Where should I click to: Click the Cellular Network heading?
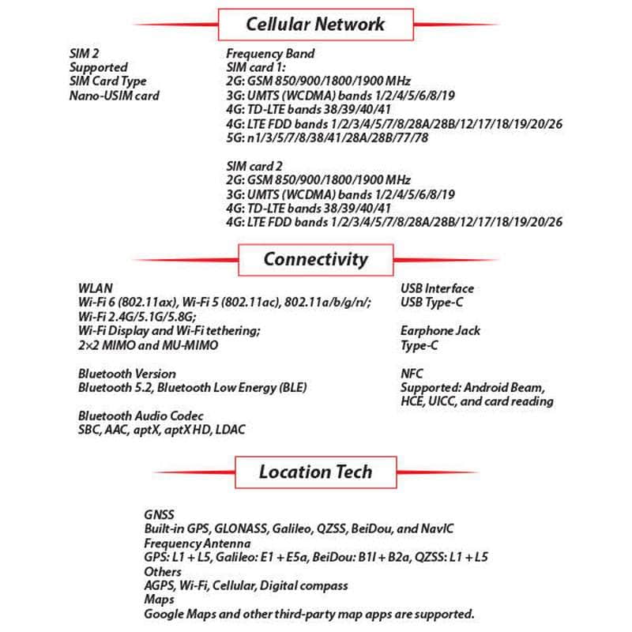(315, 24)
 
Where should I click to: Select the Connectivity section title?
(315, 259)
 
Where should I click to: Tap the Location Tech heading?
(315, 472)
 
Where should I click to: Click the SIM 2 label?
(85, 54)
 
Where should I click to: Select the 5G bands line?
(328, 138)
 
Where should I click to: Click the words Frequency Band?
(270, 54)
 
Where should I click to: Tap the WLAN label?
(95, 288)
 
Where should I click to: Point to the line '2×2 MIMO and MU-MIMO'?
(148, 345)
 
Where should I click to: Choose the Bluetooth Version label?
(127, 374)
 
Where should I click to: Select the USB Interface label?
(437, 288)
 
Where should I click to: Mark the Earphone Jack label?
(440, 331)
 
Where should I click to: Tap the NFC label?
(412, 374)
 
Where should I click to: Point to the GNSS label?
(159, 514)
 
